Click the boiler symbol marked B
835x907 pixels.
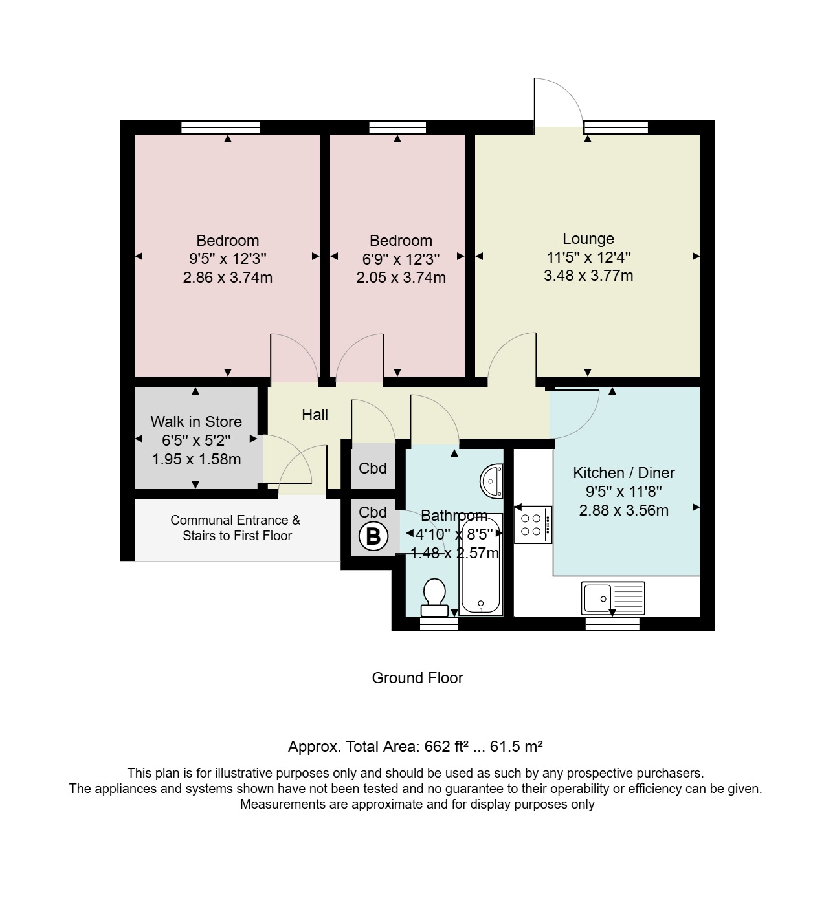click(373, 537)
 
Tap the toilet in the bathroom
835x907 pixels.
click(434, 597)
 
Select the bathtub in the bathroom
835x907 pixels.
click(481, 564)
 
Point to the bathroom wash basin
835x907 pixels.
click(492, 481)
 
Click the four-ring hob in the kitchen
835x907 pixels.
click(533, 525)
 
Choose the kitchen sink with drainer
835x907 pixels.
click(613, 598)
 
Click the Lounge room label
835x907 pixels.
click(588, 238)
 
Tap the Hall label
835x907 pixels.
click(315, 414)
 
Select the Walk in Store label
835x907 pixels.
click(196, 421)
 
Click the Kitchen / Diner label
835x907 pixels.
click(623, 472)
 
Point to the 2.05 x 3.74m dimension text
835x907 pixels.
click(401, 277)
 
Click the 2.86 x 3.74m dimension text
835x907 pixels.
click(228, 277)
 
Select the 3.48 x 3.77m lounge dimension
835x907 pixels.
click(588, 276)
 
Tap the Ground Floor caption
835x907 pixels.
click(417, 678)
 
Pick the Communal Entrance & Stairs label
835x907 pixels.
click(236, 528)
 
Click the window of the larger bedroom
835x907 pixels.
click(221, 127)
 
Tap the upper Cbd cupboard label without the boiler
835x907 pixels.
click(373, 468)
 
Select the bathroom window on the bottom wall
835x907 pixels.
click(439, 624)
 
